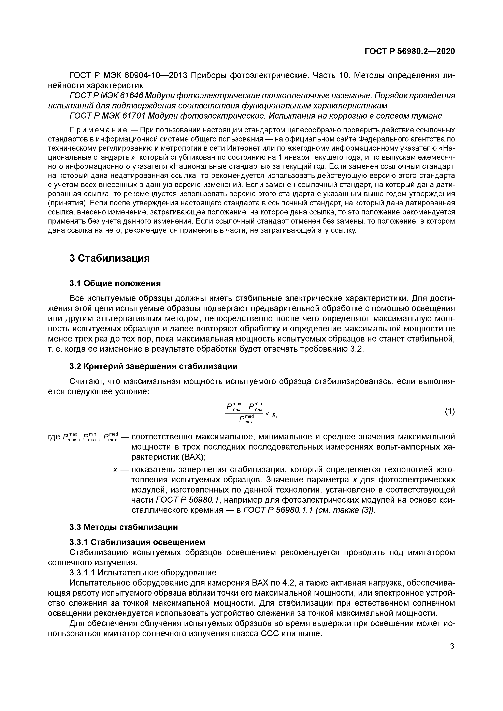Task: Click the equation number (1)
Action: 450,411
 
